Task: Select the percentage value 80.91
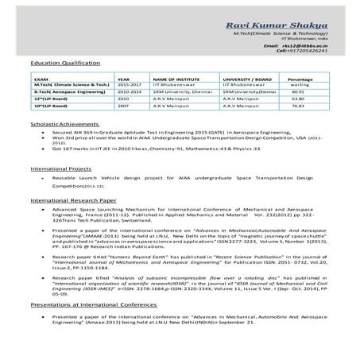click(x=299, y=93)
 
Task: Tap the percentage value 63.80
click(x=299, y=99)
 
